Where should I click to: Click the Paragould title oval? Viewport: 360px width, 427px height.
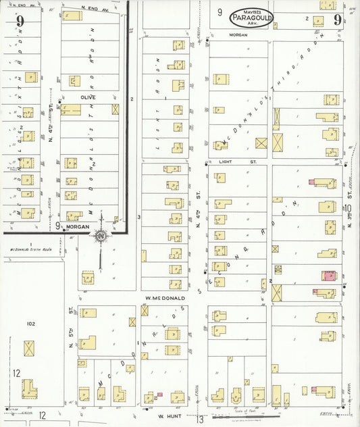(x=251, y=18)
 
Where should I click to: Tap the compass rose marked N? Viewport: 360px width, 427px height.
(x=101, y=236)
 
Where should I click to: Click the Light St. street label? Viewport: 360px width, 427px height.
(x=230, y=162)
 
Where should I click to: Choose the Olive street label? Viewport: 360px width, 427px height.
(x=88, y=97)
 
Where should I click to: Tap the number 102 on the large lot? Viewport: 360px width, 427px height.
(x=30, y=324)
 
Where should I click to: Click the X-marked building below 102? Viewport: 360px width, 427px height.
(x=29, y=349)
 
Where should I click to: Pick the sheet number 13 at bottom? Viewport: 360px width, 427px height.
(x=200, y=420)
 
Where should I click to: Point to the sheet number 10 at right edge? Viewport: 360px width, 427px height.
(x=347, y=208)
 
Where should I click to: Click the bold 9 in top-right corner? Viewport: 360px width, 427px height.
(x=336, y=18)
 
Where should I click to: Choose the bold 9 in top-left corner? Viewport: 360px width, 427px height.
(x=20, y=20)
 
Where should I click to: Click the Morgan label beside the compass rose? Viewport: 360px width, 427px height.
(x=78, y=227)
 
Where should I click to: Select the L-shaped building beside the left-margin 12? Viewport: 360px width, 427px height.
(x=29, y=388)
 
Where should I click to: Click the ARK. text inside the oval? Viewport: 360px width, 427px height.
(x=251, y=24)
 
